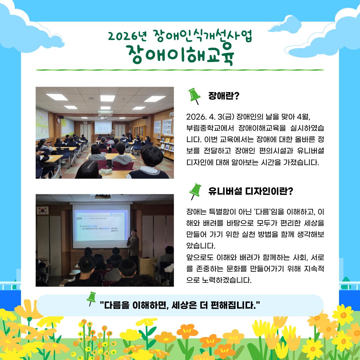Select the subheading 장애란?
coord(224,96)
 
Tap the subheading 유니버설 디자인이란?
coord(250,191)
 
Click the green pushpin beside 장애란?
coord(194,96)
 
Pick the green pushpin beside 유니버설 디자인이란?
coord(195,191)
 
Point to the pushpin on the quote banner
coord(91,298)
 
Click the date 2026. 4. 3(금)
coord(210,117)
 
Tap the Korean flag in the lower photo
coord(42,210)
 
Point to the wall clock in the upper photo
coord(59,120)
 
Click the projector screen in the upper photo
coord(103,128)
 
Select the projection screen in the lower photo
coord(101,226)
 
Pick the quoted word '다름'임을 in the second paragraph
coord(269,212)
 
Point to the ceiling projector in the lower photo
coord(103,197)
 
